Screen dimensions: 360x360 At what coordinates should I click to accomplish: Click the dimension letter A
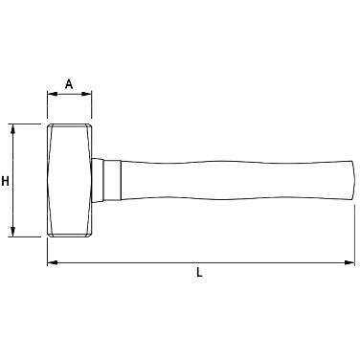69,84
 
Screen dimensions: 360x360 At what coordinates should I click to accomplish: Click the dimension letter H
5,181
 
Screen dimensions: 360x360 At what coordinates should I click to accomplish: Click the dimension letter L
199,272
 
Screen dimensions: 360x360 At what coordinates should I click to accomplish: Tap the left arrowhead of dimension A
53,94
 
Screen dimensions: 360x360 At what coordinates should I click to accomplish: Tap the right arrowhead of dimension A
86,94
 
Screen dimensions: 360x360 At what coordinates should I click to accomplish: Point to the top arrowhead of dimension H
12,129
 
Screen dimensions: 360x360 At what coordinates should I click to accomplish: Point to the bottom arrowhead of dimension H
12,232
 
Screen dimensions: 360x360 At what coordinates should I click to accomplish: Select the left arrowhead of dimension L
53,262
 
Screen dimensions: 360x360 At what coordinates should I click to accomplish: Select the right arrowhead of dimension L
349,262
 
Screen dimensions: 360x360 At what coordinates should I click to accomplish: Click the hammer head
70,181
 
